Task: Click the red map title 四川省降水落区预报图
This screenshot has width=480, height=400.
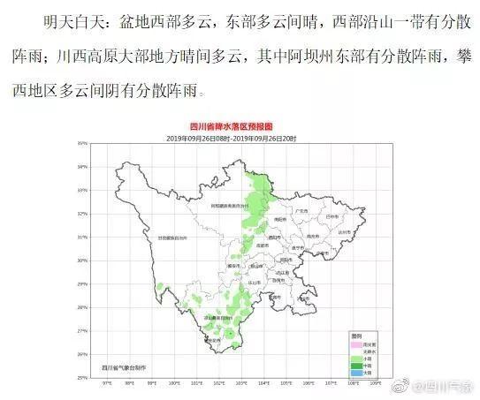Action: [240, 127]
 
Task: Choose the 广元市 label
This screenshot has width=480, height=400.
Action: [301, 212]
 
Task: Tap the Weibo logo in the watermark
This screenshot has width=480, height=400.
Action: [403, 385]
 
